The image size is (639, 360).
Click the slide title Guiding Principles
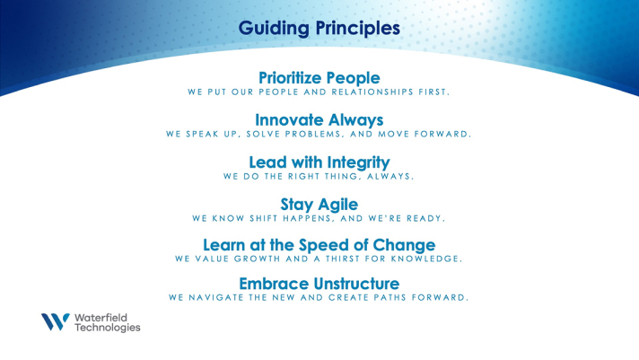[319, 29]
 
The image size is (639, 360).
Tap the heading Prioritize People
[319, 78]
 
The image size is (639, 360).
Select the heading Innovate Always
[319, 120]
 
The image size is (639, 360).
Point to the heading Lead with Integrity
[319, 162]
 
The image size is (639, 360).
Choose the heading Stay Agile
[319, 205]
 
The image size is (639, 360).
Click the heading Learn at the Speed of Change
[319, 245]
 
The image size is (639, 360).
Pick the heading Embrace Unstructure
[319, 284]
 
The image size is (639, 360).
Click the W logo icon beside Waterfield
[56, 321]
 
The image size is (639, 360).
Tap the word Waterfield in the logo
[101, 318]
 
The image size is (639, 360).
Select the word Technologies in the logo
[107, 328]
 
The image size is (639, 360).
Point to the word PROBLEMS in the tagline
[315, 134]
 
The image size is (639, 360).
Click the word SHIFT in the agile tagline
[264, 218]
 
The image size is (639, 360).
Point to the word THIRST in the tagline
[342, 259]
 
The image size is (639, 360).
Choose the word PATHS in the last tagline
[389, 298]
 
